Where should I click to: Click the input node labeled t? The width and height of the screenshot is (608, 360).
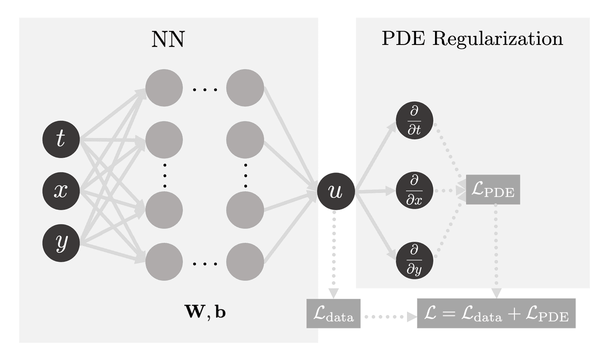tap(61, 139)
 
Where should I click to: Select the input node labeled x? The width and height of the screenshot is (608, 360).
tap(61, 191)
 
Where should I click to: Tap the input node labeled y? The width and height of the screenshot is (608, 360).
tap(61, 243)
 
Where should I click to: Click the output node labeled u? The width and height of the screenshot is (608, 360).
tap(336, 191)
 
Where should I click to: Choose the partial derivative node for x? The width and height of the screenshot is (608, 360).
tap(414, 190)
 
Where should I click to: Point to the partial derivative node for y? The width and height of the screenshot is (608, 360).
tap(414, 260)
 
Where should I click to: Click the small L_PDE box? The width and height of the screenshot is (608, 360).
tap(493, 189)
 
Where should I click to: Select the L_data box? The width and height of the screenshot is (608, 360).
tap(333, 316)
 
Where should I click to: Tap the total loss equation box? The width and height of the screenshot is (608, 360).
tap(496, 313)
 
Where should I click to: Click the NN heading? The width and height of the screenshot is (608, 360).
tap(168, 39)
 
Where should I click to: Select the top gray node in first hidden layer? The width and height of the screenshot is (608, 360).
tap(164, 88)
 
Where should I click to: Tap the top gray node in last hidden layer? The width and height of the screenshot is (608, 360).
tap(245, 88)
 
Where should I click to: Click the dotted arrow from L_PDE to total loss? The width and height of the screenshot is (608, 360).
tap(495, 250)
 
